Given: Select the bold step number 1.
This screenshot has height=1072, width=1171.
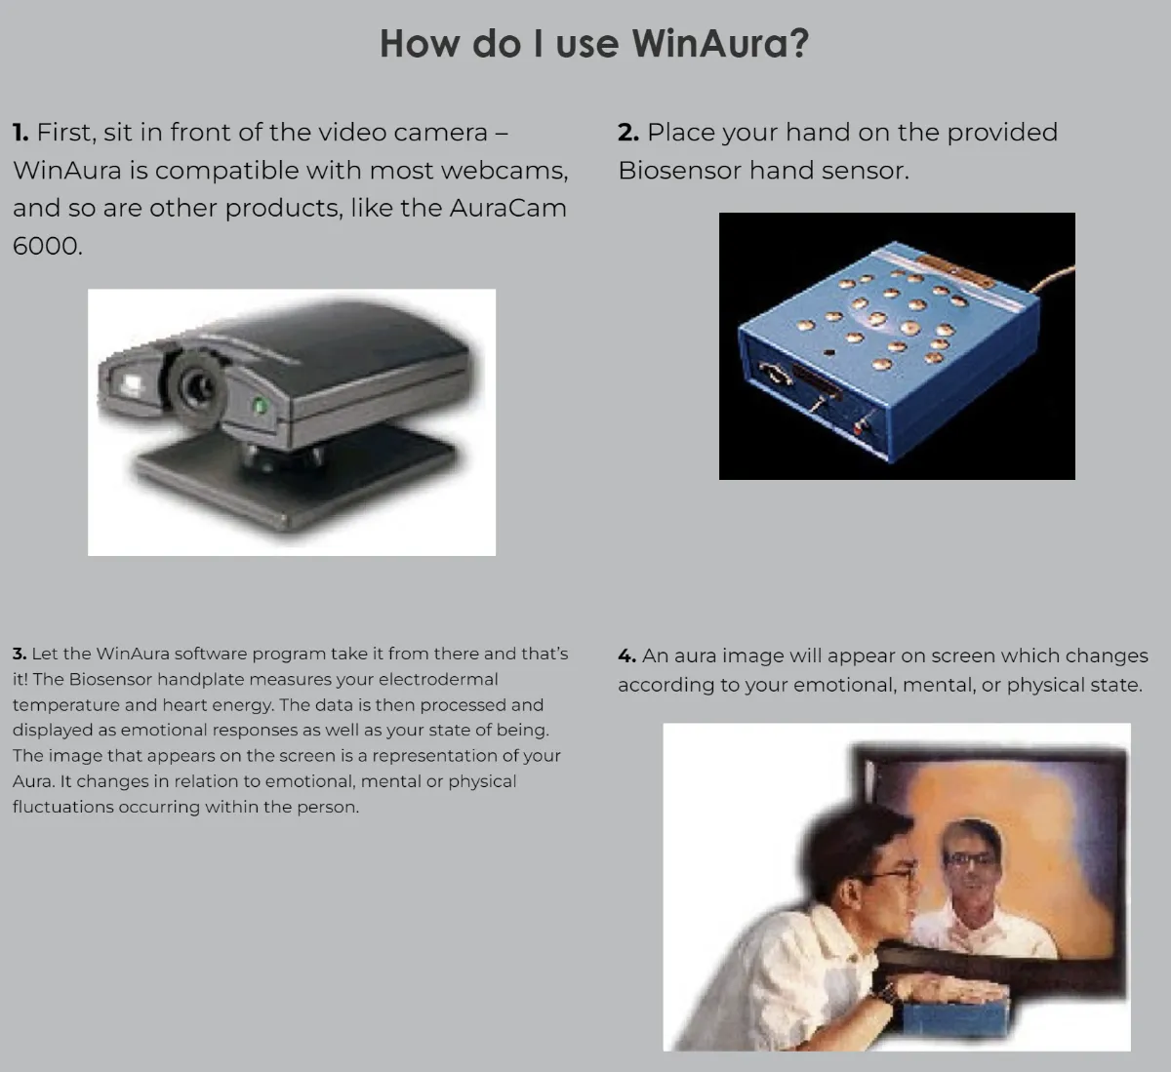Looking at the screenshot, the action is point(20,133).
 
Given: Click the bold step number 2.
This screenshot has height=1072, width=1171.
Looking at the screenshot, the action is point(628,133).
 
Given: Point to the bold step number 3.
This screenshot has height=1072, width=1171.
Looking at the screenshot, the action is point(20,654).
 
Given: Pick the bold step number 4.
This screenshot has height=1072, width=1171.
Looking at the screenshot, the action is point(626,655).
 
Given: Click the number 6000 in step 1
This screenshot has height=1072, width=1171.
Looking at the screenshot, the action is point(47,246).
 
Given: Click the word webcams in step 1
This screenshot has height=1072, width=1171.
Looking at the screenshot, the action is point(505,171).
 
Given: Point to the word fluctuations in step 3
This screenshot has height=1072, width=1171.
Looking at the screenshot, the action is point(63,807).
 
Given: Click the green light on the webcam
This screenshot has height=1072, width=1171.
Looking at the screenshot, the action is point(261,406).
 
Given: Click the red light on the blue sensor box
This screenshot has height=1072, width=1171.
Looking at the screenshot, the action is point(859,428).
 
